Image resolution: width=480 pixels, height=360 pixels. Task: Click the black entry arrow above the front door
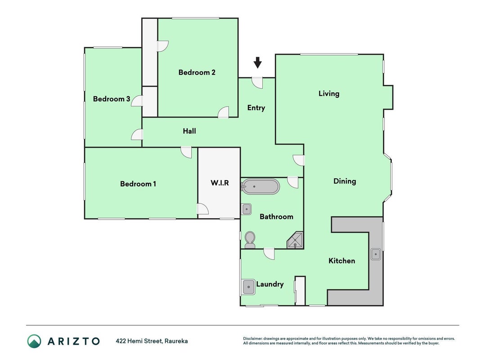(258, 63)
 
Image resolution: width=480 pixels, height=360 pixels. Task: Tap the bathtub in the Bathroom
(260, 186)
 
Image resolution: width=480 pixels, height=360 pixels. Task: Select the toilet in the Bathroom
(250, 240)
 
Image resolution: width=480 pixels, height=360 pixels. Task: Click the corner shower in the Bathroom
(296, 240)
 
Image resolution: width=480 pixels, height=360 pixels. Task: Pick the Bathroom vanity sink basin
(247, 209)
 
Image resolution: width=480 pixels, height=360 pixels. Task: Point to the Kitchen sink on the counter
(376, 254)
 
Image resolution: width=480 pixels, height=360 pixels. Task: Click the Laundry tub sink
(249, 287)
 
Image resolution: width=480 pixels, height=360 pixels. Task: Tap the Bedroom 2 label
(197, 72)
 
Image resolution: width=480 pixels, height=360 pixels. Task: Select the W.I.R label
(220, 183)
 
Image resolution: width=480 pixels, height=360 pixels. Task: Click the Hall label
(189, 131)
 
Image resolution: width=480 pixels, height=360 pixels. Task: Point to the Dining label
(345, 181)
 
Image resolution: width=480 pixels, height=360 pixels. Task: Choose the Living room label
(329, 93)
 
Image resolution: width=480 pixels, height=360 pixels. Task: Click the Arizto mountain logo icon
(34, 341)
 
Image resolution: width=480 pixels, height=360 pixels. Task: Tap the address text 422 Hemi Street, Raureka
(152, 341)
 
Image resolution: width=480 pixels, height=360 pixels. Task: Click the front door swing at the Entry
(257, 83)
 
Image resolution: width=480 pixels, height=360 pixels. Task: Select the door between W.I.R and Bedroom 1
(202, 209)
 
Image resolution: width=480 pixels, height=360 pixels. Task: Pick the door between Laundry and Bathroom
(269, 254)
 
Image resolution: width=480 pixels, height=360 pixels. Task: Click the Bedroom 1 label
(138, 184)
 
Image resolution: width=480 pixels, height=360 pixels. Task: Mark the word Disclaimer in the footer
(252, 338)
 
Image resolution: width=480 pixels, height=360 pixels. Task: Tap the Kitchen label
(342, 261)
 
